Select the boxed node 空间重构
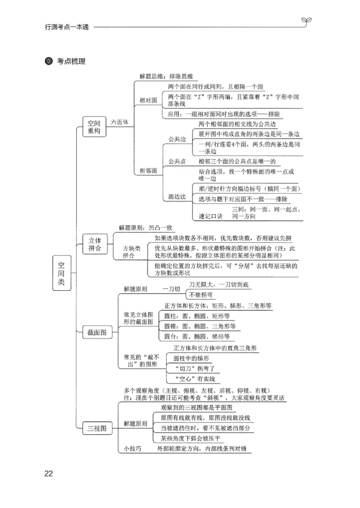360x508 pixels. [94, 127]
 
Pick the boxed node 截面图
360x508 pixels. [97, 332]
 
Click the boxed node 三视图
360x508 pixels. [97, 429]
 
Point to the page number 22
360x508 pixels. [48, 473]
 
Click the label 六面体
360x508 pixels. [120, 122]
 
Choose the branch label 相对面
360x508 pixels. [148, 100]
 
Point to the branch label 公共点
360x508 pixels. [177, 161]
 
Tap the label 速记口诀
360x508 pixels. [211, 216]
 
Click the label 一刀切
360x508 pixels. [171, 289]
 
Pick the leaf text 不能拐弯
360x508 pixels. [201, 295]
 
